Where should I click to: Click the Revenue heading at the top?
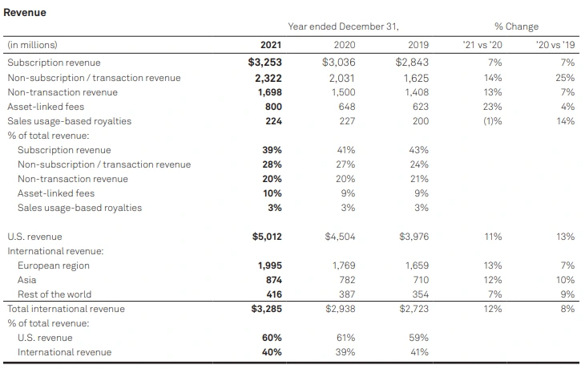click(25, 13)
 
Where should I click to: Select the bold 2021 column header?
click(270, 45)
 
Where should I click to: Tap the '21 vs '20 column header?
click(482, 45)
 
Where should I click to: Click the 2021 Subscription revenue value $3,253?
click(264, 63)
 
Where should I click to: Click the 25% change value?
click(565, 78)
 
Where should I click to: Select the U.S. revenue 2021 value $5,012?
click(264, 237)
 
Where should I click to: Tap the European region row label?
click(54, 266)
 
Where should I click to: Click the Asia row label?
click(27, 280)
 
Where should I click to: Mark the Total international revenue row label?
click(66, 309)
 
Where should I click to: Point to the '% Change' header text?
click(516, 26)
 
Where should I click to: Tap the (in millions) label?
click(32, 45)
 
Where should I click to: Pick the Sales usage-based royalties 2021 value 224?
click(272, 121)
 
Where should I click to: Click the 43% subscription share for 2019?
click(418, 150)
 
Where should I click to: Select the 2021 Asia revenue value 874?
click(272, 280)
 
